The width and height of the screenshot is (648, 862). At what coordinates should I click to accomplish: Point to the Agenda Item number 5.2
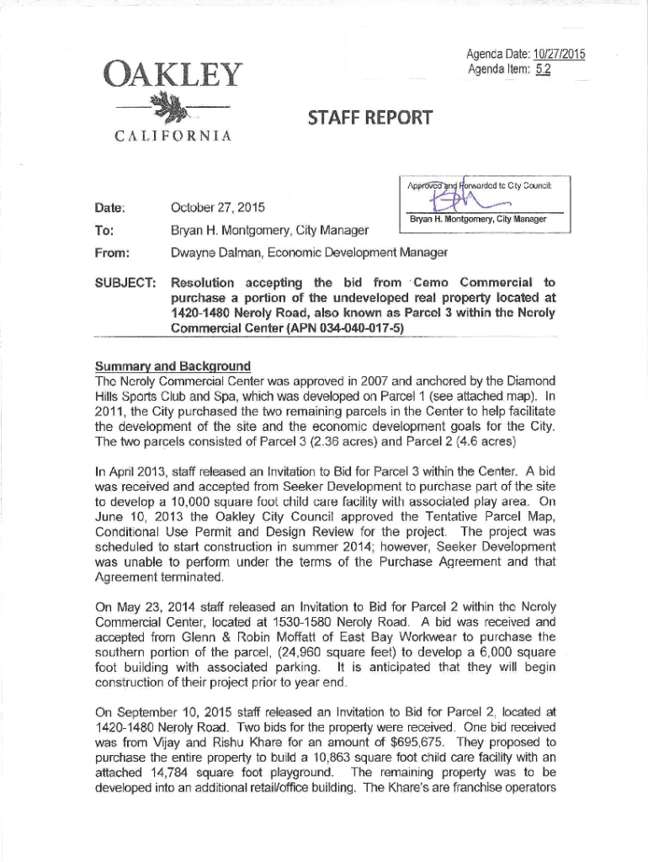[542, 69]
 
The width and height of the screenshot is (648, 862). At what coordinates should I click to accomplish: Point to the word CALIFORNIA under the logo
[168, 136]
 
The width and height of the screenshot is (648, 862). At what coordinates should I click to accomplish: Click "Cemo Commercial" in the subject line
[475, 282]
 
